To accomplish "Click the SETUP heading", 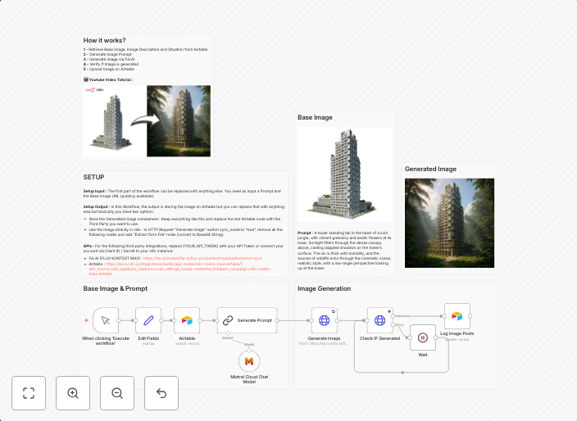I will tap(93, 177).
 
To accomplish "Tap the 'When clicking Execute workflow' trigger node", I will tap(106, 320).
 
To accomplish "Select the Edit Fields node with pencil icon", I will tap(148, 320).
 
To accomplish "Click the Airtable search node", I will tap(187, 320).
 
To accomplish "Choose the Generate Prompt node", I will tap(248, 320).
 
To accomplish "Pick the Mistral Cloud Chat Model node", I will tap(249, 361).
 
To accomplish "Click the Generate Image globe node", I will tap(324, 320).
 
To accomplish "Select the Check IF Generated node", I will tap(379, 320).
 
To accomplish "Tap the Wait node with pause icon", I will tap(423, 337).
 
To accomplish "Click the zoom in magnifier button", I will tap(73, 393).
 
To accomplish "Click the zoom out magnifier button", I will tap(117, 393).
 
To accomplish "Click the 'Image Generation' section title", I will tap(324, 289).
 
